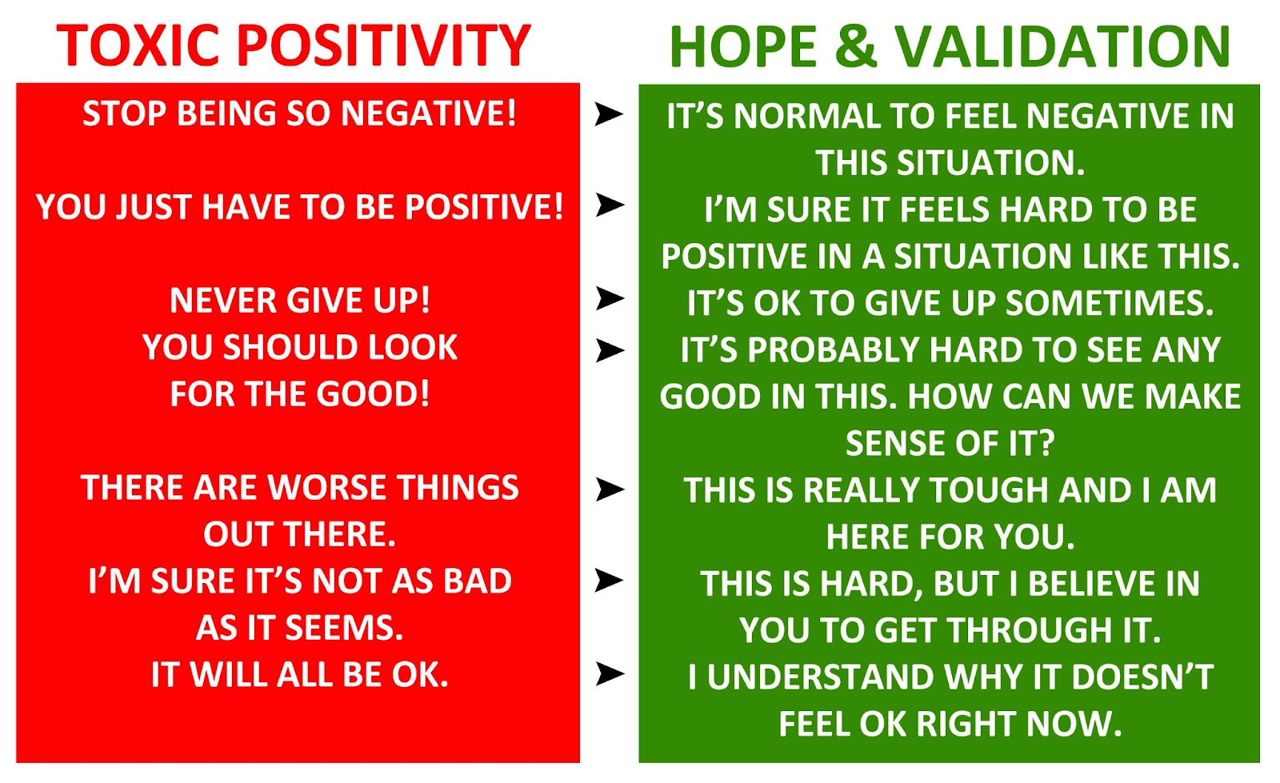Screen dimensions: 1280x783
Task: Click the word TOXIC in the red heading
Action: [138, 46]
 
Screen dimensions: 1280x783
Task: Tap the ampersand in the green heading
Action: [855, 46]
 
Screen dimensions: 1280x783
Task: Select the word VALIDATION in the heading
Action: [1062, 46]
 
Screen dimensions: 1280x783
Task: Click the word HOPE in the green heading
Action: [743, 46]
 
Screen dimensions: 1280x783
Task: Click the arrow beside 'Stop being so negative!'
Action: [609, 113]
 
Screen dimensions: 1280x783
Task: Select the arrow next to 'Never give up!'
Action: [609, 298]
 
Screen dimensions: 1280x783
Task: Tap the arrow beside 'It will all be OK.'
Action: [609, 673]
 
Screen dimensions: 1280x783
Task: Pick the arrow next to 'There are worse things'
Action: [609, 489]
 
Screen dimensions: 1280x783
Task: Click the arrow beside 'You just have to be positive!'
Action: [609, 205]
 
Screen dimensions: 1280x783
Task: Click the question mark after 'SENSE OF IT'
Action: [1046, 444]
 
